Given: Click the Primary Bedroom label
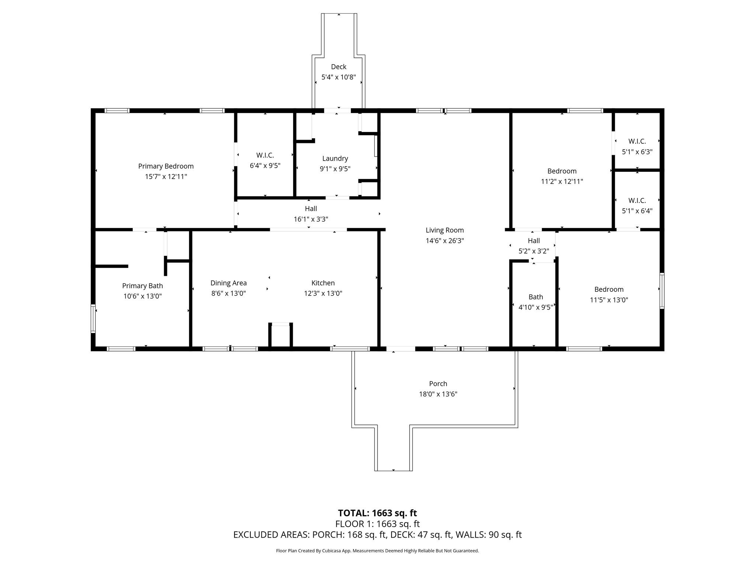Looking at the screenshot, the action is [x=166, y=166].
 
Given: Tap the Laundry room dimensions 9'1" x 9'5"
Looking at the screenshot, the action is [x=335, y=169].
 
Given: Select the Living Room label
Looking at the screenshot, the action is [x=445, y=230].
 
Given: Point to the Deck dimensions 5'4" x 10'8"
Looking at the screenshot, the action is [x=339, y=77].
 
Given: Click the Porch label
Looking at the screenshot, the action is [x=438, y=384].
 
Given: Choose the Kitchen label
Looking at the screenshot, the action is [x=323, y=283].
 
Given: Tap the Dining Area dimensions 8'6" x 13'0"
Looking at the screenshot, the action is [x=229, y=293].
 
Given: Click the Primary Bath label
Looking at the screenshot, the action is [x=143, y=286].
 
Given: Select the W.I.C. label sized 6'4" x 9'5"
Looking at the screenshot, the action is [x=265, y=155].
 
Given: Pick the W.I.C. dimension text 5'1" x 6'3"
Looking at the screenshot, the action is [x=637, y=151].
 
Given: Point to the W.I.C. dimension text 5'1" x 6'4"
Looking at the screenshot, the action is [x=637, y=211].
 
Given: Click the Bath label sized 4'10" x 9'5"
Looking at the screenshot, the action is [x=536, y=297].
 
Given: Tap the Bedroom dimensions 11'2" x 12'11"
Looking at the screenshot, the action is [x=562, y=181].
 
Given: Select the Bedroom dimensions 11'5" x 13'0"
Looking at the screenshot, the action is [x=609, y=300].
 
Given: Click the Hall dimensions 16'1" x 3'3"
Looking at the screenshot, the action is [x=311, y=219].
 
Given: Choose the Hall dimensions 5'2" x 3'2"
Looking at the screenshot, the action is [x=534, y=251].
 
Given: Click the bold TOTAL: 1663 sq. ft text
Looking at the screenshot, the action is [x=377, y=513].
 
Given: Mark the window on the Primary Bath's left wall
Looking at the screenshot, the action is [x=93, y=319].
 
